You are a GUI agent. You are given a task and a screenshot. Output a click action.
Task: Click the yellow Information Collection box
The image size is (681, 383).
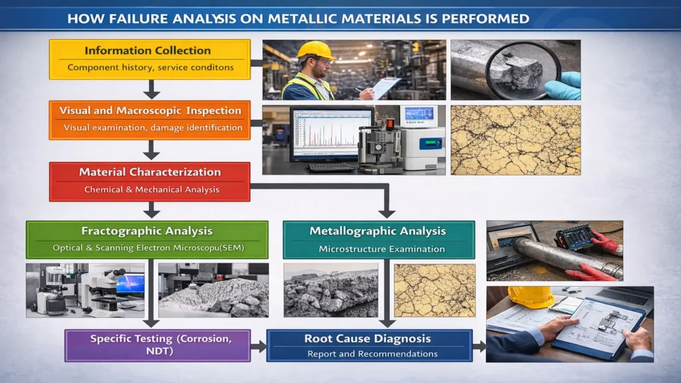coord(150,59)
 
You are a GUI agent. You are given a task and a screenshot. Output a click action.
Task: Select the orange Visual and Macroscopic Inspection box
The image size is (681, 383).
coord(150,119)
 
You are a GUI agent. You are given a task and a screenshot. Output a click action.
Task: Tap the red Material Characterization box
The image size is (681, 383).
coord(150,181)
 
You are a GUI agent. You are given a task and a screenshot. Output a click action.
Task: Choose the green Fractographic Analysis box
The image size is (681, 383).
coord(146,239)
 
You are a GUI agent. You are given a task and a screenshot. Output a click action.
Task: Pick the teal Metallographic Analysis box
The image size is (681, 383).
coord(379,239)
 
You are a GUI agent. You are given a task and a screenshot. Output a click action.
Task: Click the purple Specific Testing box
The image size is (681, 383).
coord(157,345)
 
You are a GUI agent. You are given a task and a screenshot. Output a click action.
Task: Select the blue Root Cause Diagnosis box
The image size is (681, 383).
coord(368,345)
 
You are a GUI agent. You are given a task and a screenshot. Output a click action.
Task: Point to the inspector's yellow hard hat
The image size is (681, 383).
coord(315,51)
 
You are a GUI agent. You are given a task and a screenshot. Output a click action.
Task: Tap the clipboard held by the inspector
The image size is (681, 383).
coord(385,87)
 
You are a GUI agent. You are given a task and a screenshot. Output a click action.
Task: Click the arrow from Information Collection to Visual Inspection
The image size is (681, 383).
coord(152,89)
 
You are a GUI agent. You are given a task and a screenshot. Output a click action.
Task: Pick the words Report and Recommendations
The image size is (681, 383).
coord(372,354)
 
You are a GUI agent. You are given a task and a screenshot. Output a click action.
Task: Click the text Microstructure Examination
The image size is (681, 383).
coord(382,249)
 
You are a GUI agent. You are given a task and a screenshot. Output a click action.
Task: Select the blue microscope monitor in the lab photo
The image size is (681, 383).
coord(130,283)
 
